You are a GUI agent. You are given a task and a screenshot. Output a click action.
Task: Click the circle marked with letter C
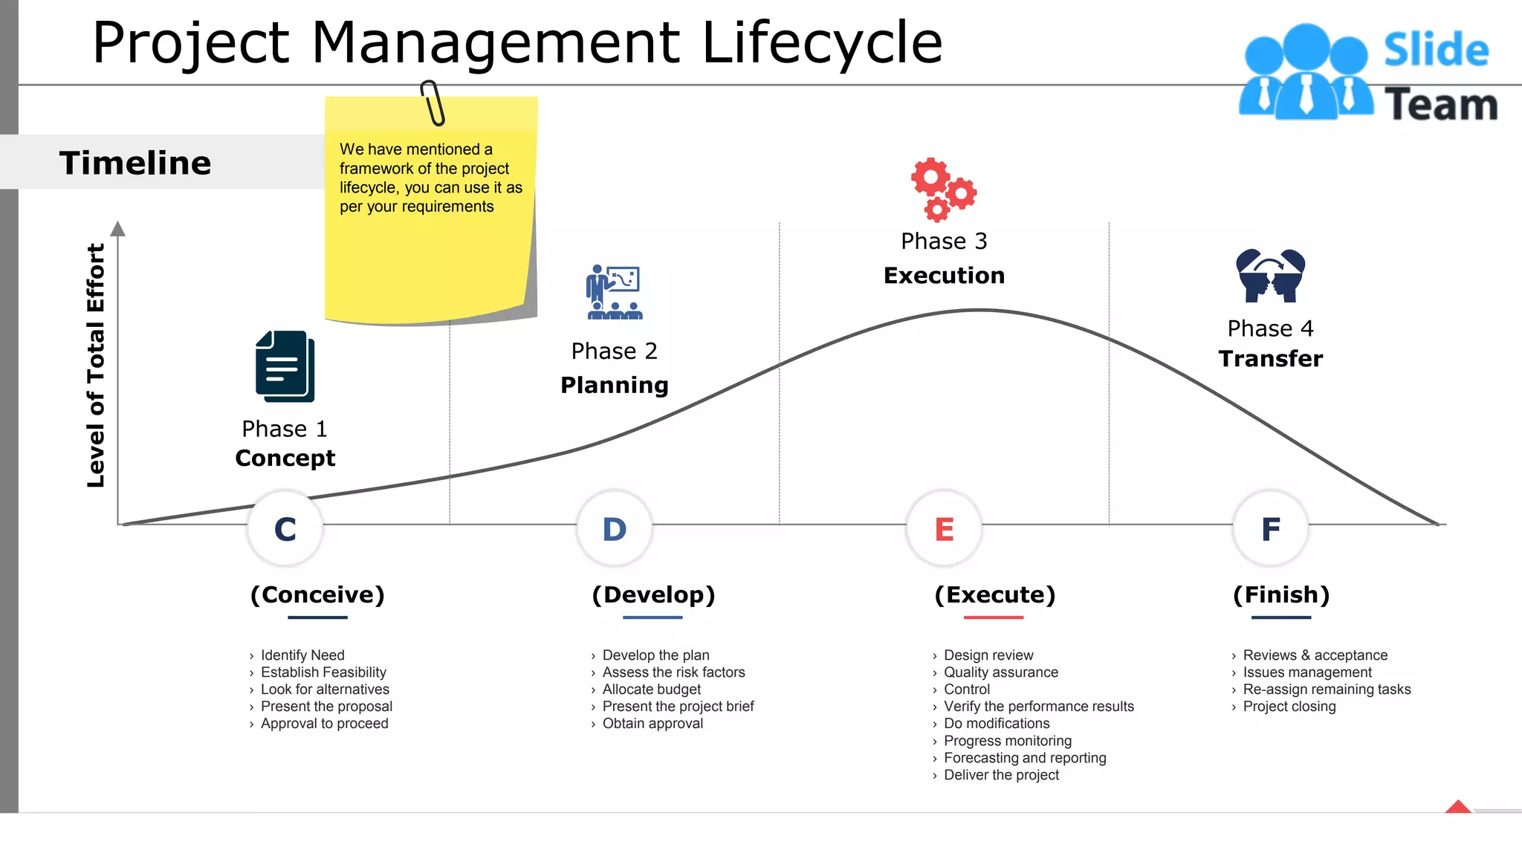pos(285,528)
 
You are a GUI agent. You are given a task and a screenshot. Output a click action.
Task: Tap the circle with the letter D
pos(615,528)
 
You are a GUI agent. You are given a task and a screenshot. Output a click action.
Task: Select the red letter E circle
pos(944,528)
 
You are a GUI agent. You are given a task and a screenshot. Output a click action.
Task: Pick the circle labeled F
pos(1271,528)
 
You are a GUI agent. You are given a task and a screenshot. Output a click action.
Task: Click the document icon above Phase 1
pos(285,366)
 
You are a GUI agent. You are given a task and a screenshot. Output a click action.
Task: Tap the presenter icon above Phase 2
pos(615,292)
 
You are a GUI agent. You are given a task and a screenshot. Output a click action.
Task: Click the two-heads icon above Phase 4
pos(1271,276)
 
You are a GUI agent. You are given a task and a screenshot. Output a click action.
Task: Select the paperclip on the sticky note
pos(433,103)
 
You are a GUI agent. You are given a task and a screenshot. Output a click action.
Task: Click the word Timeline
pos(135,163)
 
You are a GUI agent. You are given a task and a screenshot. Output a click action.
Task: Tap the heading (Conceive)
pos(317,594)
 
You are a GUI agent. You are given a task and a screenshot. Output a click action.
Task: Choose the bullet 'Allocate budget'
pos(652,690)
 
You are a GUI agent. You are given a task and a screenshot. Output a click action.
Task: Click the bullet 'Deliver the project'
pos(1001,775)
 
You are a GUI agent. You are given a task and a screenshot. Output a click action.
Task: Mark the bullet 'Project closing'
pos(1289,707)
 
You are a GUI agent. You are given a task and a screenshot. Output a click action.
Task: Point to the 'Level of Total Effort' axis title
pos(96,365)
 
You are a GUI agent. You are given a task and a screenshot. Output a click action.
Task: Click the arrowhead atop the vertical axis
pos(118,228)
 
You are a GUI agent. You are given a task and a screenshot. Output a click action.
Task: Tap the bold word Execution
pos(944,276)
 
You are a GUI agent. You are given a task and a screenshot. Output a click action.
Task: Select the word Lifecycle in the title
pos(822,42)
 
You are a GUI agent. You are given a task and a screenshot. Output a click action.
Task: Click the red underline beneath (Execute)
pos(994,617)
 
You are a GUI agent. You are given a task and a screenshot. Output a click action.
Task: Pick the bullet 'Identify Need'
pos(302,655)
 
